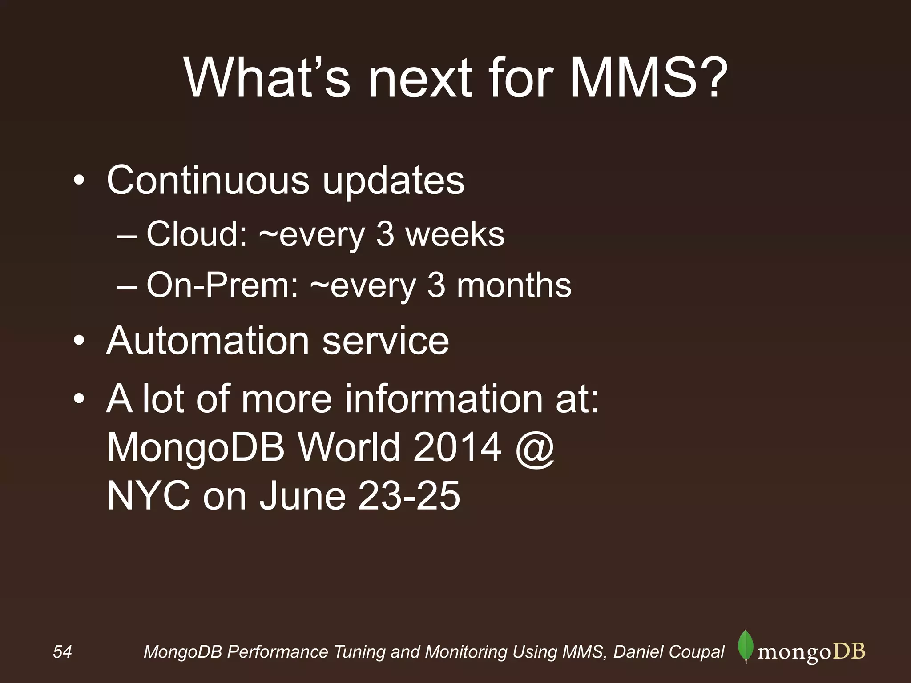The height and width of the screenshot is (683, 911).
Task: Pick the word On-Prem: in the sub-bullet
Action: click(x=222, y=285)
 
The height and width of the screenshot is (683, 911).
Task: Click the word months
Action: click(x=514, y=285)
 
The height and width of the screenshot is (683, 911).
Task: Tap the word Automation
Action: click(x=208, y=341)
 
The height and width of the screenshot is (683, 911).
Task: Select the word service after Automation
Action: click(x=385, y=341)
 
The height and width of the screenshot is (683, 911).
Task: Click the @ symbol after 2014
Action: click(x=535, y=448)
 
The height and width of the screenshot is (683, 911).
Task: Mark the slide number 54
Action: click(x=62, y=652)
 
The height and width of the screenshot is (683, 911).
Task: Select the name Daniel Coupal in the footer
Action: click(x=669, y=652)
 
